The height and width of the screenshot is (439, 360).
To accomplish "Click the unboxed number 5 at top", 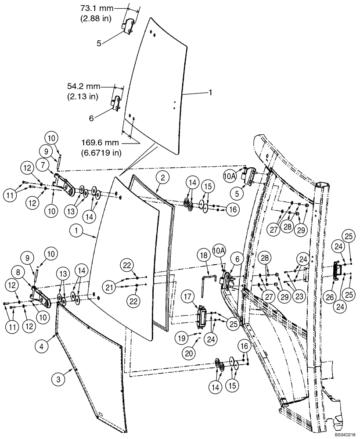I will coord(99,43).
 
